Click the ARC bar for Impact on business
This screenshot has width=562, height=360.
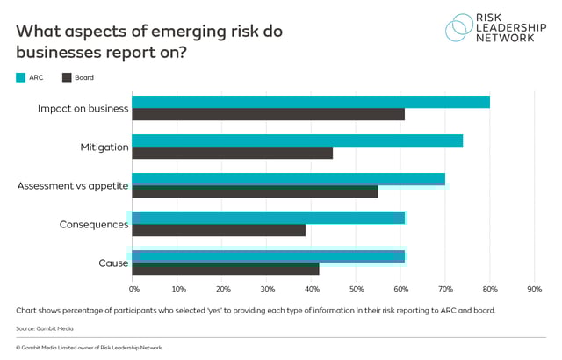(311, 102)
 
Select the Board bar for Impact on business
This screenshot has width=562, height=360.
(269, 114)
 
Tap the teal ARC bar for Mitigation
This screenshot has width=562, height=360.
(298, 140)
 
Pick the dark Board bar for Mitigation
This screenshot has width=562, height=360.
(233, 153)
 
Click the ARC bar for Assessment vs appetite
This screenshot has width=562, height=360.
(289, 179)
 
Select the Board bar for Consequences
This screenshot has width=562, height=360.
(220, 229)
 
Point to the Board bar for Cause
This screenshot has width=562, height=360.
(226, 269)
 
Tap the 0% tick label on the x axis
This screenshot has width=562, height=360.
(134, 288)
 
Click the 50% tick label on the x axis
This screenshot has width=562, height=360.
(357, 288)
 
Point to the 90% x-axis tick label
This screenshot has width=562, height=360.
(534, 288)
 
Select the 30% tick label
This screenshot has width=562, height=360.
(268, 288)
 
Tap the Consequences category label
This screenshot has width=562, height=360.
(94, 224)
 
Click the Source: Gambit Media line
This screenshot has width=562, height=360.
(44, 328)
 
